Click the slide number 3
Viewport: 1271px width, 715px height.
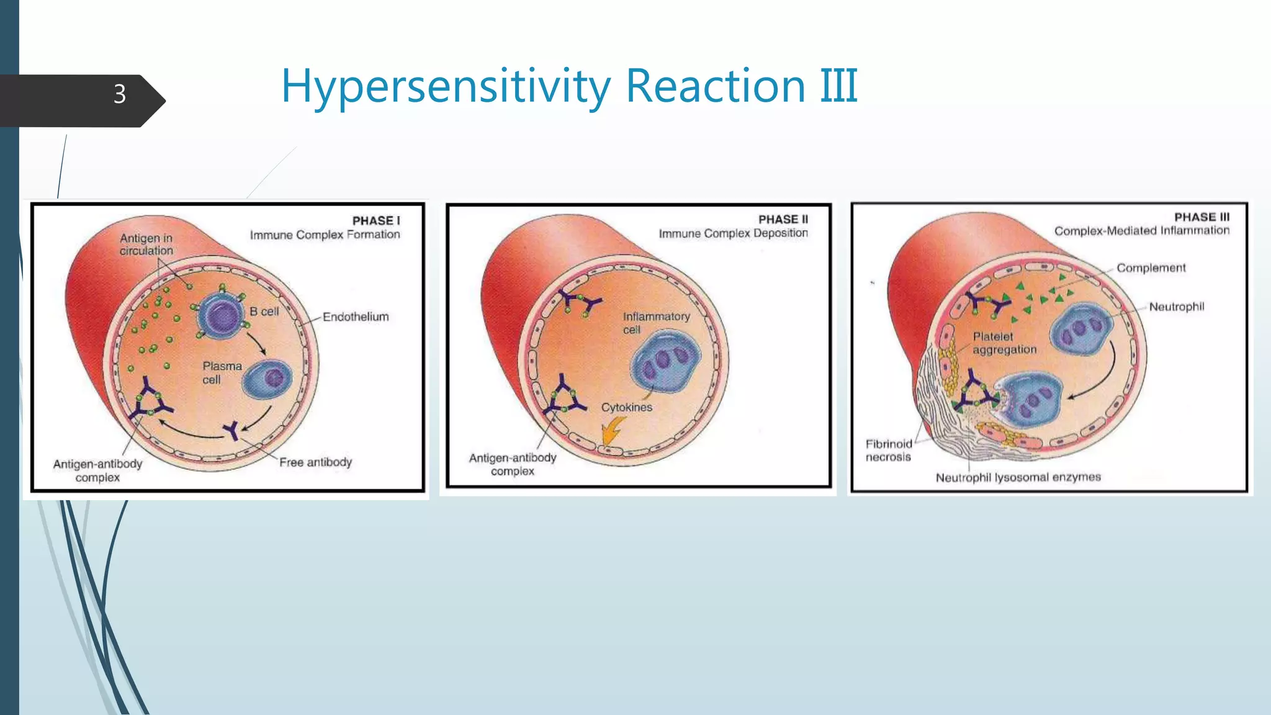120,94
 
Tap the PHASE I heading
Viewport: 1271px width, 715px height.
376,220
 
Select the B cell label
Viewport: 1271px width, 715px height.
264,312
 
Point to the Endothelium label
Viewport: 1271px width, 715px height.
356,317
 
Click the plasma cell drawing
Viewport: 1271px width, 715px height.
267,379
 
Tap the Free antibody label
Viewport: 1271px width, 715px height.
315,462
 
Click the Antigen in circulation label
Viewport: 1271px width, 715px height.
146,245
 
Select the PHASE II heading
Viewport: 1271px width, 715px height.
783,219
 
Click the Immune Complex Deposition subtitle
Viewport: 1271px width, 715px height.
733,233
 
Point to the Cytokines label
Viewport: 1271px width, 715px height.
627,407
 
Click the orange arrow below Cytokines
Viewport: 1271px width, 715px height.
613,431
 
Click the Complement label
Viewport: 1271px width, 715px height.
1151,268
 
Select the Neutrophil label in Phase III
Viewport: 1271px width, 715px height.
1176,307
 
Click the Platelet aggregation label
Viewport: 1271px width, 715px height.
1004,343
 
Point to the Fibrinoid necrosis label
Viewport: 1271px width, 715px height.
889,450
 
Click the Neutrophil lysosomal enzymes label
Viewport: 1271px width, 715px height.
1018,477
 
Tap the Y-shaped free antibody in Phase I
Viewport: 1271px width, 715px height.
232,429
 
